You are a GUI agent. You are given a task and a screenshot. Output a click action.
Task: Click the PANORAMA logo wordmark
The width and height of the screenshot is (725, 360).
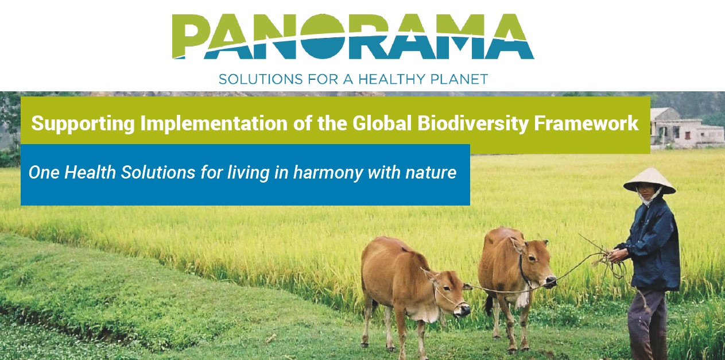pos(353,36)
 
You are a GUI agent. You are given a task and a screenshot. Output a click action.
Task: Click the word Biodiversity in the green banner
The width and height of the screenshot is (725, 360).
pos(473,123)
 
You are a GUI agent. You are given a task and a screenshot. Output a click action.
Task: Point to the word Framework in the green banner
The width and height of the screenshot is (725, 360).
pos(586,123)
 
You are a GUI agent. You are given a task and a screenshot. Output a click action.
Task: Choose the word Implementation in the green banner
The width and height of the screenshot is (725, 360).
pos(214,124)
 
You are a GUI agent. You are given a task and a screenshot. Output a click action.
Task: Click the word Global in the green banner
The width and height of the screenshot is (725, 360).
pos(382,123)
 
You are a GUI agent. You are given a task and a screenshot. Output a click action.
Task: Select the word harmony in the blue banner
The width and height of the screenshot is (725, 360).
pos(328,173)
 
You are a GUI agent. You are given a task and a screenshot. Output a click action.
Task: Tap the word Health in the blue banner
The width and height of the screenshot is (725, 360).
pos(90,172)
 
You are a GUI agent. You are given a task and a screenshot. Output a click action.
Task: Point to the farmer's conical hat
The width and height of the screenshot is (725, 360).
pos(649,180)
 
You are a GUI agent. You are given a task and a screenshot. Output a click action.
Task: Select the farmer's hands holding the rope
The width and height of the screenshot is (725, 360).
pos(617,256)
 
